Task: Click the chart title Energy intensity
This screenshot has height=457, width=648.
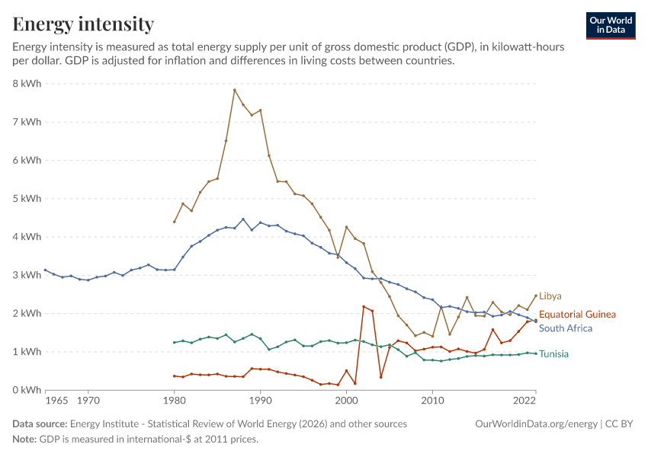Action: [x=83, y=24]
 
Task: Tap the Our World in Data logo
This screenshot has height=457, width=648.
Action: [x=611, y=26]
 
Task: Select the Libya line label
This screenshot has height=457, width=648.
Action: [x=550, y=296]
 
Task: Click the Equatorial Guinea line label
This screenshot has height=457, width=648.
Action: [x=577, y=314]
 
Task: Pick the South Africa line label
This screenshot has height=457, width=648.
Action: [x=566, y=328]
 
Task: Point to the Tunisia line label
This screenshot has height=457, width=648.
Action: [x=553, y=353]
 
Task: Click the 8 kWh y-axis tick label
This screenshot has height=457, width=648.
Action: [x=27, y=83]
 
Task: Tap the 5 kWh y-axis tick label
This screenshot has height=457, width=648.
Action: [x=27, y=199]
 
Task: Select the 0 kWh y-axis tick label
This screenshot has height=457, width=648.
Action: [x=27, y=390]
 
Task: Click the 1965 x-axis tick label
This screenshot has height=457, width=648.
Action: [x=56, y=401]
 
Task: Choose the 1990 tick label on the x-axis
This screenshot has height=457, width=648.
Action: [x=261, y=401]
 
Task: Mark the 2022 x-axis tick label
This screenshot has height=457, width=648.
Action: [x=524, y=401]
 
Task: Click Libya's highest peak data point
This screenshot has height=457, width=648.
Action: [x=234, y=90]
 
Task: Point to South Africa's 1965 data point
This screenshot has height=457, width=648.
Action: [x=45, y=270]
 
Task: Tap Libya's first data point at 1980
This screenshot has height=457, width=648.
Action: [x=175, y=222]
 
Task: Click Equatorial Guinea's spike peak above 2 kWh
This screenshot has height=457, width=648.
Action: [x=364, y=307]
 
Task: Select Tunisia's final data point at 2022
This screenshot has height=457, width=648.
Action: [x=536, y=353]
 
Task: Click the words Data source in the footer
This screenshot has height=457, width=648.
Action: [x=40, y=424]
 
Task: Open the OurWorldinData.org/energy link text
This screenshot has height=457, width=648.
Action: [x=537, y=424]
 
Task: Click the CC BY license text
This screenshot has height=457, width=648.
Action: [x=619, y=424]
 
